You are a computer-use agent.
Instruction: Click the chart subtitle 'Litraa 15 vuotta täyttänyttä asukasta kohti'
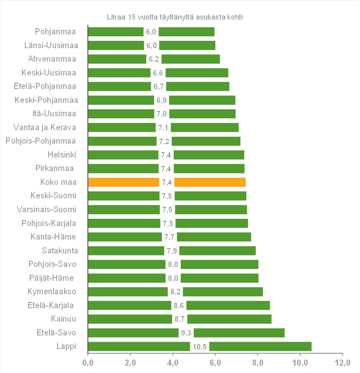point(174,17)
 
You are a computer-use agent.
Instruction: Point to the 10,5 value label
point(200,347)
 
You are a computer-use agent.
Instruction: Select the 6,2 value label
point(154,59)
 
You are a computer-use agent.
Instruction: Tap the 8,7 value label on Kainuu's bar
point(179,319)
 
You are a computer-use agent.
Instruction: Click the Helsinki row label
point(62,155)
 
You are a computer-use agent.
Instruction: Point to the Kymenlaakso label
point(52,291)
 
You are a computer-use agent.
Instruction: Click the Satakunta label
point(60,251)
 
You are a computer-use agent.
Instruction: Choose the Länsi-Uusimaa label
point(51,45)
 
